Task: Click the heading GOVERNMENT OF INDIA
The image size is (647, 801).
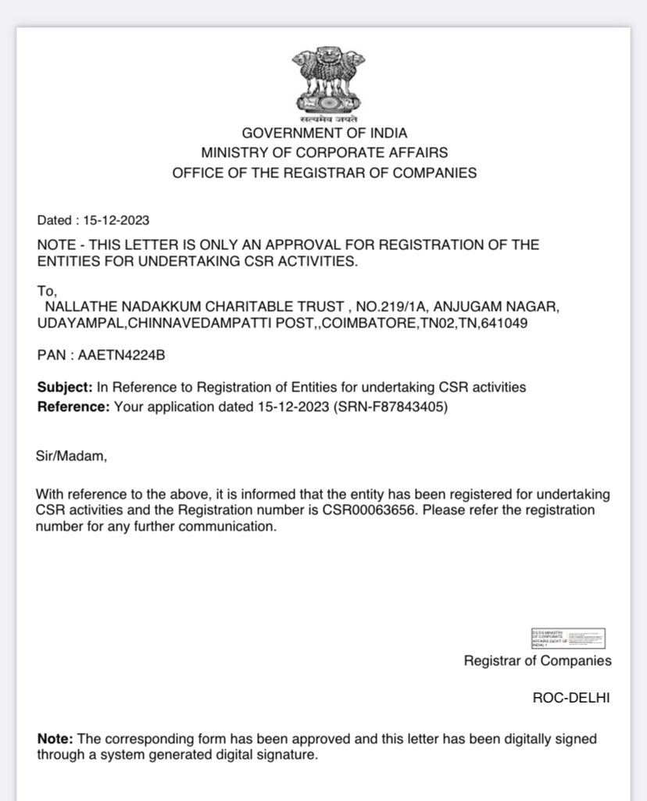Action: (324, 133)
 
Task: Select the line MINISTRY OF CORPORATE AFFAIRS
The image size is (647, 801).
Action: (324, 152)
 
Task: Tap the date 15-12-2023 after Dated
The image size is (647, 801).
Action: (116, 220)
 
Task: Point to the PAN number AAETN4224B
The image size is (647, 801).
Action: (121, 356)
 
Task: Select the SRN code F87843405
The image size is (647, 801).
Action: (413, 406)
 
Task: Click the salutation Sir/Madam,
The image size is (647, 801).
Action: (71, 456)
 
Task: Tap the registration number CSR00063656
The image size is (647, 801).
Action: (372, 510)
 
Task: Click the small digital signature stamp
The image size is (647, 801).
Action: (568, 638)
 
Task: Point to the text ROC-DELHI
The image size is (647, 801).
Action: (571, 698)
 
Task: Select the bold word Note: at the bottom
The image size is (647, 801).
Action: (55, 738)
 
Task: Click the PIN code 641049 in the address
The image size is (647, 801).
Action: (507, 322)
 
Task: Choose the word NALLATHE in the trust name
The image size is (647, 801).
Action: (79, 306)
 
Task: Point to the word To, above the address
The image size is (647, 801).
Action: (47, 290)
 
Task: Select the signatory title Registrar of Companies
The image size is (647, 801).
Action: (538, 661)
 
